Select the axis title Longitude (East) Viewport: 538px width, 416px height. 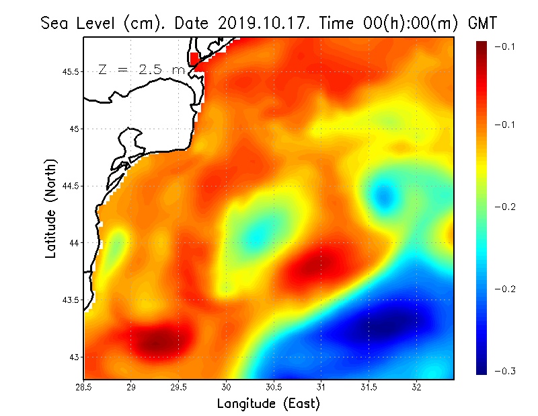(x=268, y=404)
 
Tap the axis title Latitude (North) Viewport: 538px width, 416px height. (x=50, y=208)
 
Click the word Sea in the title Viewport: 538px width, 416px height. (x=55, y=24)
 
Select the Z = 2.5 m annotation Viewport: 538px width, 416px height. (x=141, y=69)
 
